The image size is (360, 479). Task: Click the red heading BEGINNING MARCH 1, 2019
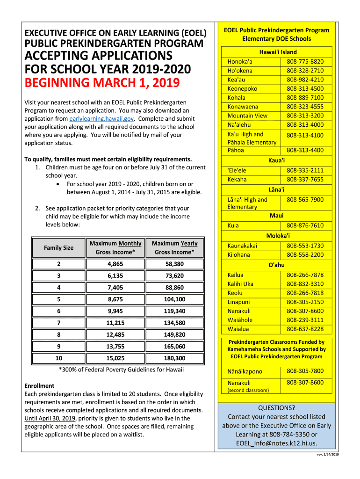[x=102, y=84]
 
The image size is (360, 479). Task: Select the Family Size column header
[x=58, y=247]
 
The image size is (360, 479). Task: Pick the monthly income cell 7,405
[x=115, y=288]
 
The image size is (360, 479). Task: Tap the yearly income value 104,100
[x=174, y=299]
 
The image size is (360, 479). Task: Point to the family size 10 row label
[x=58, y=358]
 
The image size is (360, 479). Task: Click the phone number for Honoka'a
[x=305, y=62]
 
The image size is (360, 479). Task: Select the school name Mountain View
[x=247, y=116]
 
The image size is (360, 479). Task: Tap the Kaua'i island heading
[x=277, y=160]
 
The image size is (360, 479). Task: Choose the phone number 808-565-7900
[x=305, y=200]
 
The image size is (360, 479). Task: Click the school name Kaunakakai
[x=242, y=246]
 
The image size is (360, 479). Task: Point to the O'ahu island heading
[x=276, y=265]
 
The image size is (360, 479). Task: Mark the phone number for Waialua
[x=305, y=329]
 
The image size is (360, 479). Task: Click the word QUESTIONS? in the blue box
[x=276, y=407]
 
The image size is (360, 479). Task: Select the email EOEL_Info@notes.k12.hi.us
[x=276, y=443]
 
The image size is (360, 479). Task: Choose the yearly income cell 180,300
[x=174, y=358]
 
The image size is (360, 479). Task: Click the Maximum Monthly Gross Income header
[x=115, y=247]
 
